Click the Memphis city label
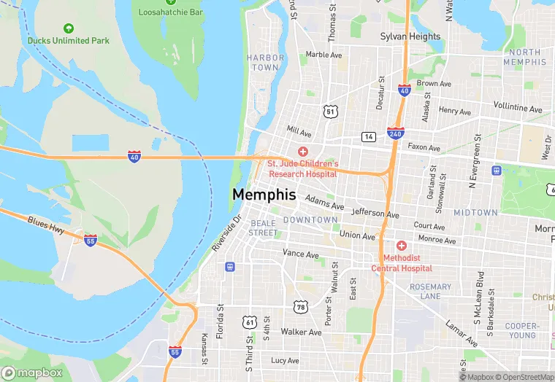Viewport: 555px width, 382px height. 264,195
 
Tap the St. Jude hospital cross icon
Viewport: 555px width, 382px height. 302,150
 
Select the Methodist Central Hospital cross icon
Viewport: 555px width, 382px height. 401,246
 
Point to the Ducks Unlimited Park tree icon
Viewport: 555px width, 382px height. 69,28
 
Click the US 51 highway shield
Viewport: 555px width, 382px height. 331,111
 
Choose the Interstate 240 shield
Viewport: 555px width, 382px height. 396,133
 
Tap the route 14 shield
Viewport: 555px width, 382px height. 369,136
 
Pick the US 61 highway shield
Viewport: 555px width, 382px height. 250,321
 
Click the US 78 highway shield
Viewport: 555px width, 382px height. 300,307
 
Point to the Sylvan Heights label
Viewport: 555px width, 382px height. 410,36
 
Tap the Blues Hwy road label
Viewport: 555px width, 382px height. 46,225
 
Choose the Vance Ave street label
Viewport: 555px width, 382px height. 301,254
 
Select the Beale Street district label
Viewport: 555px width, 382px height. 263,227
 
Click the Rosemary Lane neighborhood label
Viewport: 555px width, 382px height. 430,292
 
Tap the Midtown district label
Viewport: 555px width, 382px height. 475,213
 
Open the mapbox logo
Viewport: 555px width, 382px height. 31,373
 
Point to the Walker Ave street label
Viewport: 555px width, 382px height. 301,332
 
